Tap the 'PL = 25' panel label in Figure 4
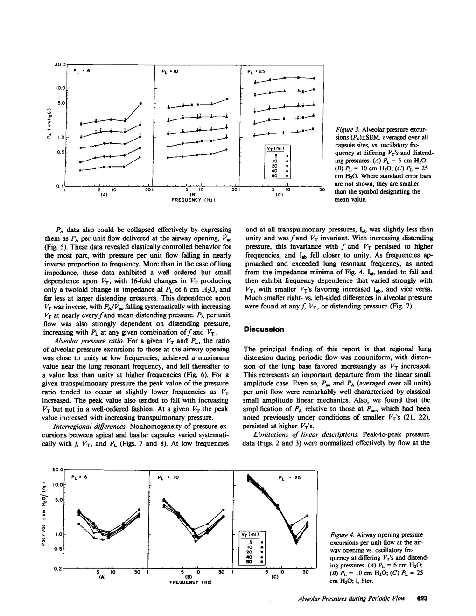[x=290, y=478]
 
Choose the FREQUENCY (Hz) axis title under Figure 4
[x=188, y=582]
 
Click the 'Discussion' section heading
[x=264, y=329]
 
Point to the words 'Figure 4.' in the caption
[x=343, y=535]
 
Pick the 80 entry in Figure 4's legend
[x=249, y=562]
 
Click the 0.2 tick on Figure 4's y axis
[x=57, y=568]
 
